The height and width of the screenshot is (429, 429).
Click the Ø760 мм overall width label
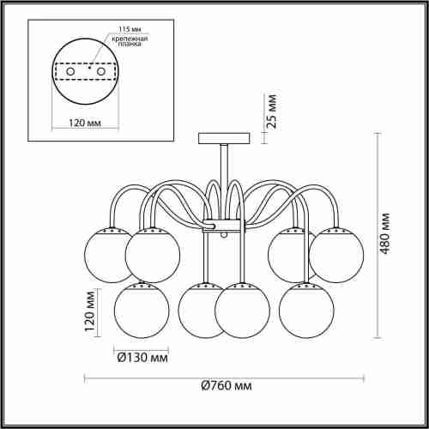pyautogui.click(x=227, y=386)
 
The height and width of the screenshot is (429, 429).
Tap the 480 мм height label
pyautogui.click(x=385, y=233)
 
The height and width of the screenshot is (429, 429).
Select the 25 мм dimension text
pyautogui.click(x=272, y=111)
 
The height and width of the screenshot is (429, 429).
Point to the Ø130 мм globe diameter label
pyautogui.click(x=142, y=358)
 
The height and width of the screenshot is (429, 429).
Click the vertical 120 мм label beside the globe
pyautogui.click(x=89, y=311)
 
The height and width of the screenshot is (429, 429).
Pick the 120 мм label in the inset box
pyautogui.click(x=85, y=123)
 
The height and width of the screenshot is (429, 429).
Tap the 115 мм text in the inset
pyautogui.click(x=130, y=29)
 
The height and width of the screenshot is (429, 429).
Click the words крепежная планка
pyautogui.click(x=130, y=41)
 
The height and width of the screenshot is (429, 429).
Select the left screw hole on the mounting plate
pyautogui.click(x=70, y=71)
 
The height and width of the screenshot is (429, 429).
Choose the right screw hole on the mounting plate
pyautogui.click(x=101, y=71)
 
